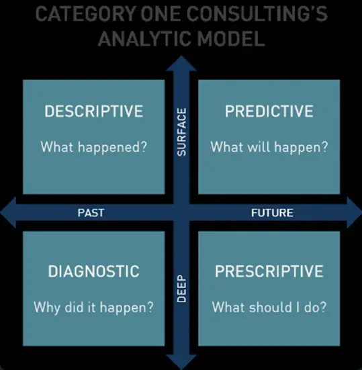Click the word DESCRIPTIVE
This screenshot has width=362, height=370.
pos(93,111)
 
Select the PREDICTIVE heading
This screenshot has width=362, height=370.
pos(269,111)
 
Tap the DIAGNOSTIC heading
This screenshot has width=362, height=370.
pos(93,271)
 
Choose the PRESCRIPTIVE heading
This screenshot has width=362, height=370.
pos(269,271)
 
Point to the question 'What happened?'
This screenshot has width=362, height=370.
pos(93,147)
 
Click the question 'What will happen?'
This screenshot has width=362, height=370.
pos(269,147)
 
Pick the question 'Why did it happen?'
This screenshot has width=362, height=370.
pos(93,308)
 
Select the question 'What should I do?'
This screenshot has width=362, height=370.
pos(269,307)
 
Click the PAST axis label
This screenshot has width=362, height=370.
pos(91,213)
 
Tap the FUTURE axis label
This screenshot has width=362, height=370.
pos(272,213)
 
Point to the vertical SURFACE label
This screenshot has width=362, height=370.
pos(181,132)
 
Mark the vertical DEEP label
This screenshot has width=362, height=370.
pos(181,288)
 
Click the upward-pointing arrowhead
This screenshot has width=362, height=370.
pos(181,63)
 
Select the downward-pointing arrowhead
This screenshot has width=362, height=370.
pos(181,362)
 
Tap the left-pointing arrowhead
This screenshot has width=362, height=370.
pos(8,213)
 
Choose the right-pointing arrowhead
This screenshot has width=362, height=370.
pos(354,213)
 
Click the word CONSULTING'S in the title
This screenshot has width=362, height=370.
pos(257,13)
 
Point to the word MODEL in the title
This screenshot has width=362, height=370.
pos(231,38)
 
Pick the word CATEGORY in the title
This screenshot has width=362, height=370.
pos(86,13)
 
